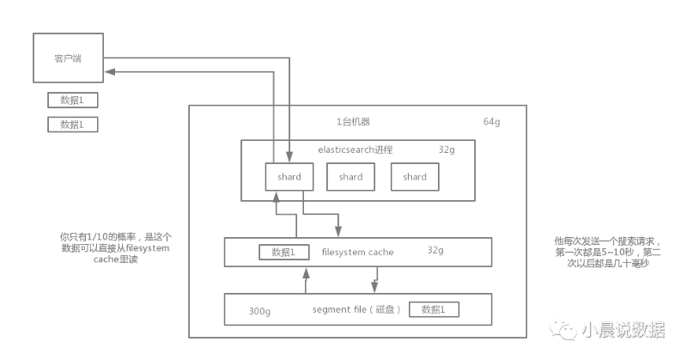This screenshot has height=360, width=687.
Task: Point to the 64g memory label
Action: [x=491, y=122]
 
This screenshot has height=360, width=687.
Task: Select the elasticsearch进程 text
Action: [x=355, y=149]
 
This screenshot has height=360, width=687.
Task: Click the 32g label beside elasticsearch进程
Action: [x=447, y=149]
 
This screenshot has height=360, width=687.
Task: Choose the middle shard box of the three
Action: [x=350, y=177]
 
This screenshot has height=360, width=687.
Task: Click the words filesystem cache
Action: [x=357, y=253]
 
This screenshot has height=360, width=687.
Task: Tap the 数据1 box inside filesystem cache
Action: [x=283, y=253]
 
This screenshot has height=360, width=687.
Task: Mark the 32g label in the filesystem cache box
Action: [x=435, y=251]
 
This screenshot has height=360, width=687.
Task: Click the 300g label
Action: [x=259, y=310]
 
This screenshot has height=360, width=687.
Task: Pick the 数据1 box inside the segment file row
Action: [x=434, y=309]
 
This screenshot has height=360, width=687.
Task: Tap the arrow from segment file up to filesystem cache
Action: [x=306, y=280]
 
